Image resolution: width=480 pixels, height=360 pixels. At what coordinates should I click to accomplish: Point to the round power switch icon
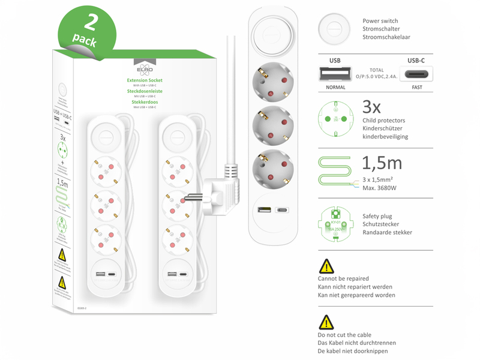[334, 28]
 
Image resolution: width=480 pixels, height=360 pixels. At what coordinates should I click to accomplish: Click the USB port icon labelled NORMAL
[334, 74]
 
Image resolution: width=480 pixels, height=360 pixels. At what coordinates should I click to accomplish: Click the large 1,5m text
[382, 163]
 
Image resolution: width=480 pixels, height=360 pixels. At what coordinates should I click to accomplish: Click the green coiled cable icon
[335, 172]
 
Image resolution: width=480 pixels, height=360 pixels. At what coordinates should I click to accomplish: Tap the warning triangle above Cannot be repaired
[325, 266]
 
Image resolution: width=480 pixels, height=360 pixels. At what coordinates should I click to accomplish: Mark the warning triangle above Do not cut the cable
[325, 322]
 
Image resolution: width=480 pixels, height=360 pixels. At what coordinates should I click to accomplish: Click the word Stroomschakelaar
[386, 37]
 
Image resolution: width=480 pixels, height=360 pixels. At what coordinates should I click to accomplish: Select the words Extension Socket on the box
[145, 80]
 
